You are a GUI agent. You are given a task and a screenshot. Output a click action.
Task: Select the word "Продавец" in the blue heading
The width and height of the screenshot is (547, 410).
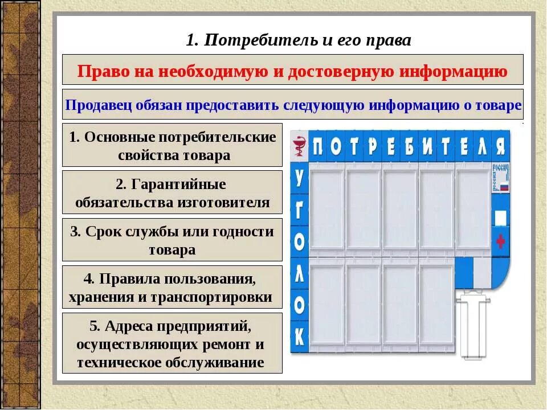click(92, 105)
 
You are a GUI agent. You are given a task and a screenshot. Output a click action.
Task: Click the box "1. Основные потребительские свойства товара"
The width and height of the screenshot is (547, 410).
click(172, 145)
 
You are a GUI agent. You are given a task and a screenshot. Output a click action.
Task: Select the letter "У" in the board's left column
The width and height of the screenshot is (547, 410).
click(299, 177)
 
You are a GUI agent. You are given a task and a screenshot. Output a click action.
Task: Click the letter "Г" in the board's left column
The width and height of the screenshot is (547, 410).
click(299, 210)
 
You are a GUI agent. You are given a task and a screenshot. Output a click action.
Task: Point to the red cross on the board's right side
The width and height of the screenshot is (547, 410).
click(501, 241)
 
